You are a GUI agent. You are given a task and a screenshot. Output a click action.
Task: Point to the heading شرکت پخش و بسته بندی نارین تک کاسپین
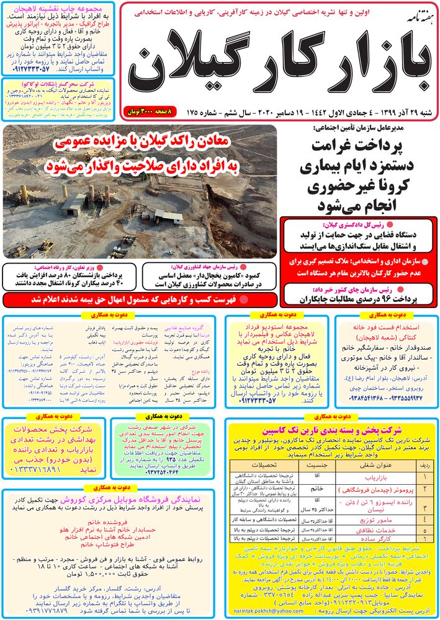point(329,411)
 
